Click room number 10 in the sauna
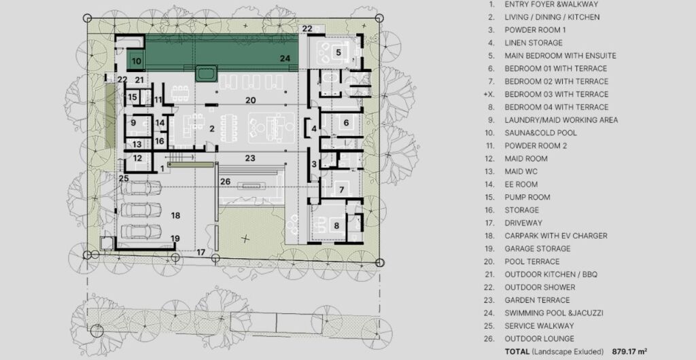coord(137,61)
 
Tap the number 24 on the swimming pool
coord(285,58)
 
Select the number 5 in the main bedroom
coord(338,52)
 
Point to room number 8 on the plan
coord(336,226)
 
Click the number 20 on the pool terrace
coord(251,101)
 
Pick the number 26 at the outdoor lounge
coord(226,181)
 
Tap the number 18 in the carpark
coord(176,215)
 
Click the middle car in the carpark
coord(141,209)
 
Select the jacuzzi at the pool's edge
coord(207,73)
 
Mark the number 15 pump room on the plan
coord(133,97)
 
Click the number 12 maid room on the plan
coord(137,158)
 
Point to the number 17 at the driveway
coord(201,252)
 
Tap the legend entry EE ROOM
coord(521,185)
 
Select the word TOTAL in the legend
coord(517,352)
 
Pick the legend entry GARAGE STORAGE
coord(538,249)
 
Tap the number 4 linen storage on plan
coord(314,129)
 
